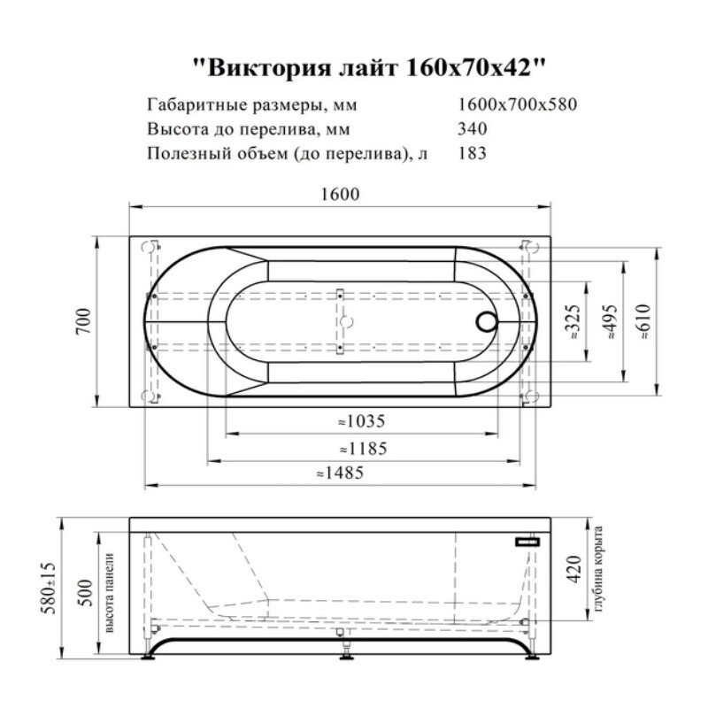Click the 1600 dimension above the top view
coord(342,196)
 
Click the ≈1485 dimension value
coord(341,473)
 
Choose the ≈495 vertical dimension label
coord(610,323)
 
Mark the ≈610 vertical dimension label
coord(644,323)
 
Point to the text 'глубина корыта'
coord(598,566)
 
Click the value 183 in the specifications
coord(472,152)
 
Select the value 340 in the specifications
coord(472,128)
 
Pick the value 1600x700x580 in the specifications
coord(518,105)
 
